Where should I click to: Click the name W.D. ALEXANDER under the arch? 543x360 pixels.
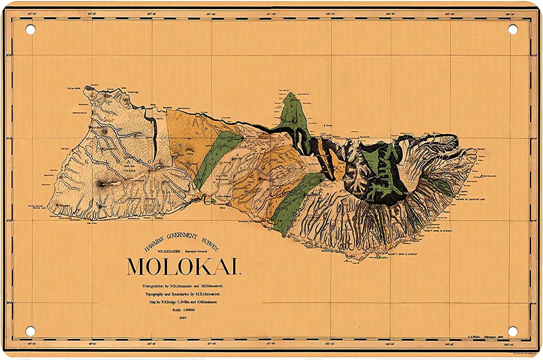coord(168,251)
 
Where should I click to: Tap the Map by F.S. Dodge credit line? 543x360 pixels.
coord(183,302)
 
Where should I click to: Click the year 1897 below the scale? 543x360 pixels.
coord(183,318)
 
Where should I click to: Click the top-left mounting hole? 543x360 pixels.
coord(30,29)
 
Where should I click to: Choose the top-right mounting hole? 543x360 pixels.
coord(513,29)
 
